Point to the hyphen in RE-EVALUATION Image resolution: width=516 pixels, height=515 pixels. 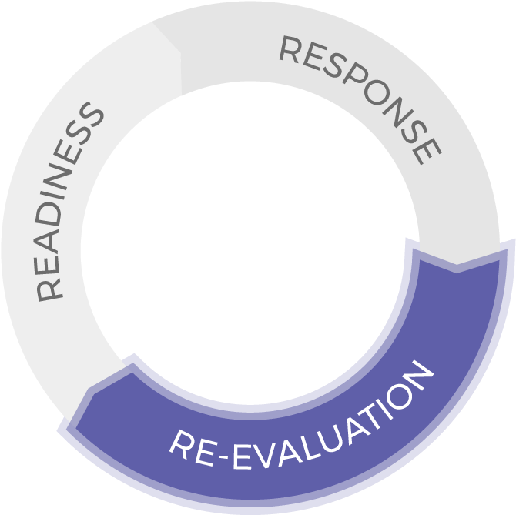tap(224, 456)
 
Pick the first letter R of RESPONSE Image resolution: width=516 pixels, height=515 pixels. tap(290, 49)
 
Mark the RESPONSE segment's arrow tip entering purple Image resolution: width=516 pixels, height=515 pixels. tap(457, 264)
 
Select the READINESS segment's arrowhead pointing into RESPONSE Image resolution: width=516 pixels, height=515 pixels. tap(180, 52)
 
